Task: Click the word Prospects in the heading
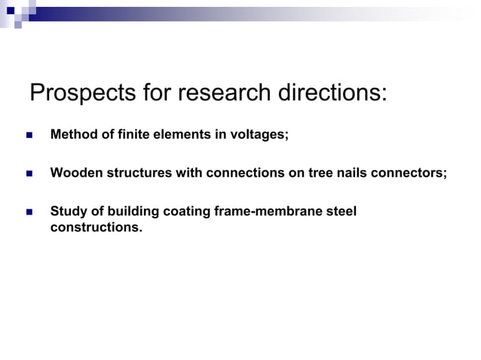[83, 93]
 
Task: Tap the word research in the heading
[237, 93]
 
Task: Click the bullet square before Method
[29, 136]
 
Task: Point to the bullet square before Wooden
[29, 174]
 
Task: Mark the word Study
[68, 212]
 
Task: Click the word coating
[185, 212]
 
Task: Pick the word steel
[341, 212]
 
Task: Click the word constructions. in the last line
[96, 226]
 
